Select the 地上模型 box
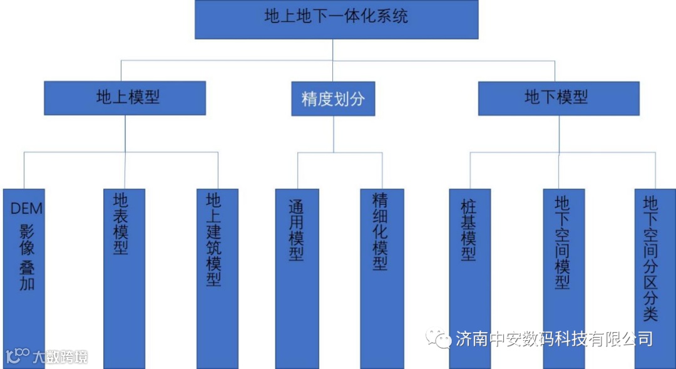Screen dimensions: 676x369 click(125, 98)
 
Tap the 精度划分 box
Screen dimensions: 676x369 click(333, 99)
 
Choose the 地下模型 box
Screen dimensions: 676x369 click(558, 98)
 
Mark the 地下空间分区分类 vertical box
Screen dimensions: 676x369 click(654, 263)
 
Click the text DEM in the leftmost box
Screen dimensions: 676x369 click(26, 208)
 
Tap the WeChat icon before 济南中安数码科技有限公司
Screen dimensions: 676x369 click(439, 339)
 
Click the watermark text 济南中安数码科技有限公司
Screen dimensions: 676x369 click(553, 339)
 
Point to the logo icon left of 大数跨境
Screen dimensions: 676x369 click(17, 356)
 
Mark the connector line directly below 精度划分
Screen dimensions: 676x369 click(333, 133)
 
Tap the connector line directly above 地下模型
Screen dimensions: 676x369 click(555, 71)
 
